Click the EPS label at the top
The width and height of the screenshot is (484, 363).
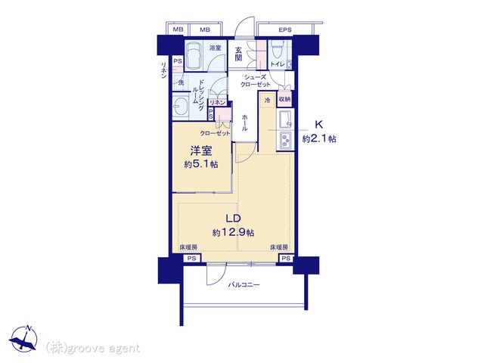click(x=285, y=30)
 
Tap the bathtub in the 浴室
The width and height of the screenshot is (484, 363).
click(x=194, y=55)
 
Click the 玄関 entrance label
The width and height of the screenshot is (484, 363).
click(x=238, y=54)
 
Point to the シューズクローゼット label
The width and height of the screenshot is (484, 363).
click(x=255, y=81)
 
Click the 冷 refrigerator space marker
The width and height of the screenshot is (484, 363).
click(x=267, y=100)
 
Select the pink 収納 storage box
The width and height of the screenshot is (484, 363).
click(x=284, y=99)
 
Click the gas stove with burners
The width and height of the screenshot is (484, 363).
click(x=286, y=141)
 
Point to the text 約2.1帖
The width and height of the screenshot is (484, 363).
click(x=319, y=139)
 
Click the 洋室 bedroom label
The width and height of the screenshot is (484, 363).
click(x=201, y=150)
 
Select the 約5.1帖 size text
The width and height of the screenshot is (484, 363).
click(x=201, y=164)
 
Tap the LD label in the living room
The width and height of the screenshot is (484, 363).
click(x=233, y=219)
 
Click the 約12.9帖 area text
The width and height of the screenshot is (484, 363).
click(x=233, y=232)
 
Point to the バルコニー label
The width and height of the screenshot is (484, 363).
click(x=244, y=284)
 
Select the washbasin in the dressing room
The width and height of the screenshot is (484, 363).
click(x=181, y=107)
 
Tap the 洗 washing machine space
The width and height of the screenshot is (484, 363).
click(x=181, y=82)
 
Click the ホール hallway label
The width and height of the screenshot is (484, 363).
click(x=244, y=123)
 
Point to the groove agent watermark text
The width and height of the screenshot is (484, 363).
click(x=93, y=348)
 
